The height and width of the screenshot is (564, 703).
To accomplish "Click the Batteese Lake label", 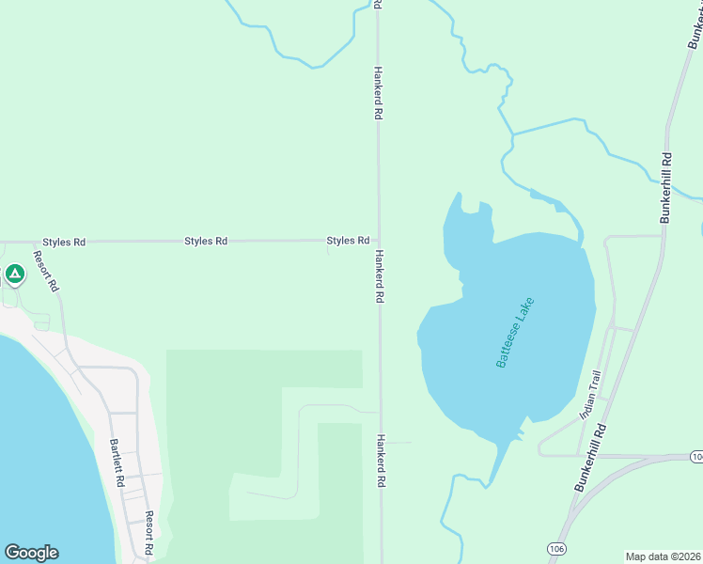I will tap(515, 332).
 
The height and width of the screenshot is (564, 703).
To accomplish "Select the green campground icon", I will tap(14, 274).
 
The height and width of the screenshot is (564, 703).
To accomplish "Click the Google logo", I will tap(31, 553).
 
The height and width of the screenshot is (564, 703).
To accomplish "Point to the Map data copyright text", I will tap(664, 556).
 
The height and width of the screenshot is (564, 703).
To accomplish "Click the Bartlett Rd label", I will tap(117, 462).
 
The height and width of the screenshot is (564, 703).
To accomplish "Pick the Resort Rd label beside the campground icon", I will tap(46, 270).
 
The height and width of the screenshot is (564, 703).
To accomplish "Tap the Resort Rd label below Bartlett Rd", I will tap(148, 532).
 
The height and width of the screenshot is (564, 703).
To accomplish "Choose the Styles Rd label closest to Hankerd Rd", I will tap(348, 241).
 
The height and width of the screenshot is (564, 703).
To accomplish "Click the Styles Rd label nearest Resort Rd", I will tap(64, 242).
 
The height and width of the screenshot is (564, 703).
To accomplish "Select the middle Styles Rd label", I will tap(206, 241).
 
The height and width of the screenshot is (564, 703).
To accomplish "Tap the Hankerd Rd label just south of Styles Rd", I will tap(380, 276).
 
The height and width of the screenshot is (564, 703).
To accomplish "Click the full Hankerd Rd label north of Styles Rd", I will tap(378, 92).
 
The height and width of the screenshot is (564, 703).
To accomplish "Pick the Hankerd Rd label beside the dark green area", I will tap(381, 460).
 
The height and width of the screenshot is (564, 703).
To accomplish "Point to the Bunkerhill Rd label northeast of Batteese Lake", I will tap(666, 187).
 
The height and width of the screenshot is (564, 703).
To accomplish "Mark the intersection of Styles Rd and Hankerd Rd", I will tap(379, 241).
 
